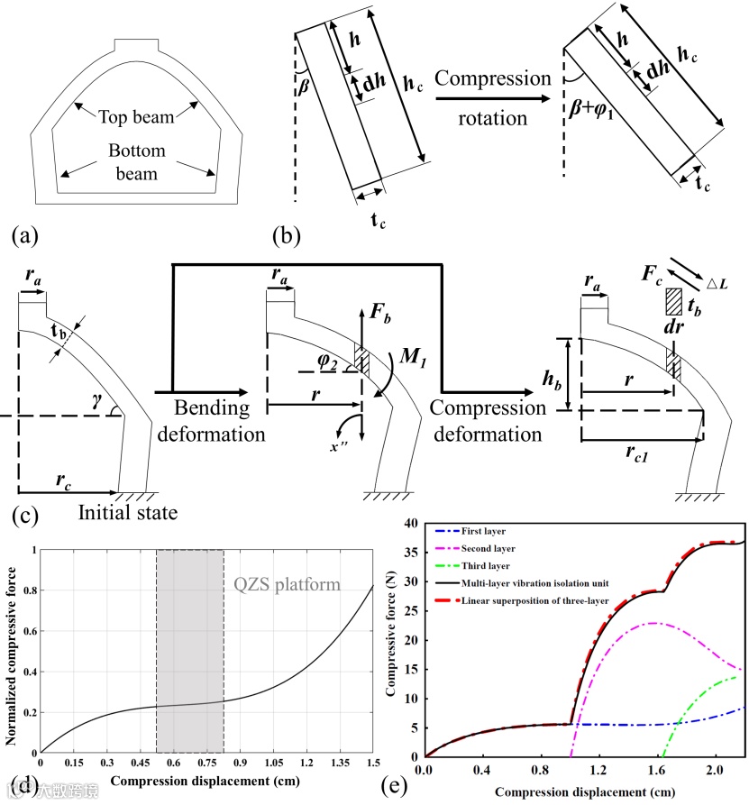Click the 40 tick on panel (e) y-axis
[x=411, y=523]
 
